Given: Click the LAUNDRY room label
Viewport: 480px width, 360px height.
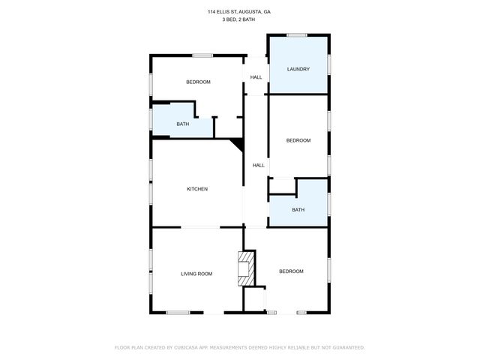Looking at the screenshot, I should click(x=298, y=70).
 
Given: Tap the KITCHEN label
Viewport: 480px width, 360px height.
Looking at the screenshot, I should click(x=197, y=189).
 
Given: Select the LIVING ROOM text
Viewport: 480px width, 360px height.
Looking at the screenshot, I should click(x=196, y=274).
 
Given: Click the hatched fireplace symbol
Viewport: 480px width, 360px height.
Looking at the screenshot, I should click(x=246, y=268).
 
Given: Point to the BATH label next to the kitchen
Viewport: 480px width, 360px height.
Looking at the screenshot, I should click(x=298, y=210).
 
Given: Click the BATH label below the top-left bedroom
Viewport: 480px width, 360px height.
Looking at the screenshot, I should click(x=182, y=124).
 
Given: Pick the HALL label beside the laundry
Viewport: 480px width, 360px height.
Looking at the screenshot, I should click(x=256, y=77).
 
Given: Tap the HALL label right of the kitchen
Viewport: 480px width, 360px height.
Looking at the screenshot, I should click(x=259, y=166).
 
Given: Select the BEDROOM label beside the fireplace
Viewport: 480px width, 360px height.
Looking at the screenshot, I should click(x=291, y=271).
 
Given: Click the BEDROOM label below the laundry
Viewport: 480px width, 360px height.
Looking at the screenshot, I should click(x=298, y=141).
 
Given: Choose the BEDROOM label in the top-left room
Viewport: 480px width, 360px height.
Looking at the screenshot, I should click(x=198, y=82).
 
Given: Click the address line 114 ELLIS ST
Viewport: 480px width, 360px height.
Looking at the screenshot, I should click(x=239, y=12).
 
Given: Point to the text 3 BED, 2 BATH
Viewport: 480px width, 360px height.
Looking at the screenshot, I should click(x=239, y=19).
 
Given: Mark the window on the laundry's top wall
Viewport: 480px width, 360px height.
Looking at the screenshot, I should click(x=297, y=34).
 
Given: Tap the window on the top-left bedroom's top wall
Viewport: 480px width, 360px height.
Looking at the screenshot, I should click(x=202, y=55).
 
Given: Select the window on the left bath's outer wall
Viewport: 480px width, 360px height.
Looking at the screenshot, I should click(x=151, y=118).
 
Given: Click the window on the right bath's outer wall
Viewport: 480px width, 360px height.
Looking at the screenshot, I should click(x=328, y=203).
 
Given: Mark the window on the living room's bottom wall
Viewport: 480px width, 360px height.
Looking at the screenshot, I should click(x=178, y=313).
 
